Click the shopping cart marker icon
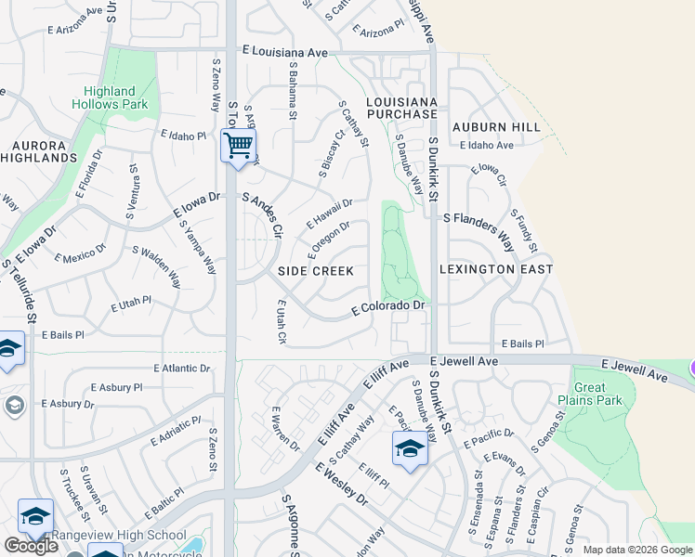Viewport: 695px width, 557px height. pyautogui.click(x=239, y=146)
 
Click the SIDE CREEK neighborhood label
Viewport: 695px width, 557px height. pyautogui.click(x=316, y=270)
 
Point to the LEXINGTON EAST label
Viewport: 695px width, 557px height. pyautogui.click(x=495, y=269)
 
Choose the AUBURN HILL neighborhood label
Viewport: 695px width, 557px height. pyautogui.click(x=496, y=126)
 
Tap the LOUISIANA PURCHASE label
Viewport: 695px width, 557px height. pyautogui.click(x=401, y=107)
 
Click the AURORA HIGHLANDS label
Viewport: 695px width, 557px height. pyautogui.click(x=45, y=151)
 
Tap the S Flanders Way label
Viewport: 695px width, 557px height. pyautogui.click(x=479, y=230)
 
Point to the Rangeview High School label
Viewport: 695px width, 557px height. pyautogui.click(x=118, y=535)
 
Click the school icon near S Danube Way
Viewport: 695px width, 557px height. pyautogui.click(x=410, y=448)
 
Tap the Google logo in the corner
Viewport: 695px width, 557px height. pyautogui.click(x=31, y=546)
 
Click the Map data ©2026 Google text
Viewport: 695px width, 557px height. pyautogui.click(x=637, y=550)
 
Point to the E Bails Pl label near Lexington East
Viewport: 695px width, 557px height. pyautogui.click(x=522, y=343)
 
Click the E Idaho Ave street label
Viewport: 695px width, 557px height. pyautogui.click(x=486, y=146)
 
